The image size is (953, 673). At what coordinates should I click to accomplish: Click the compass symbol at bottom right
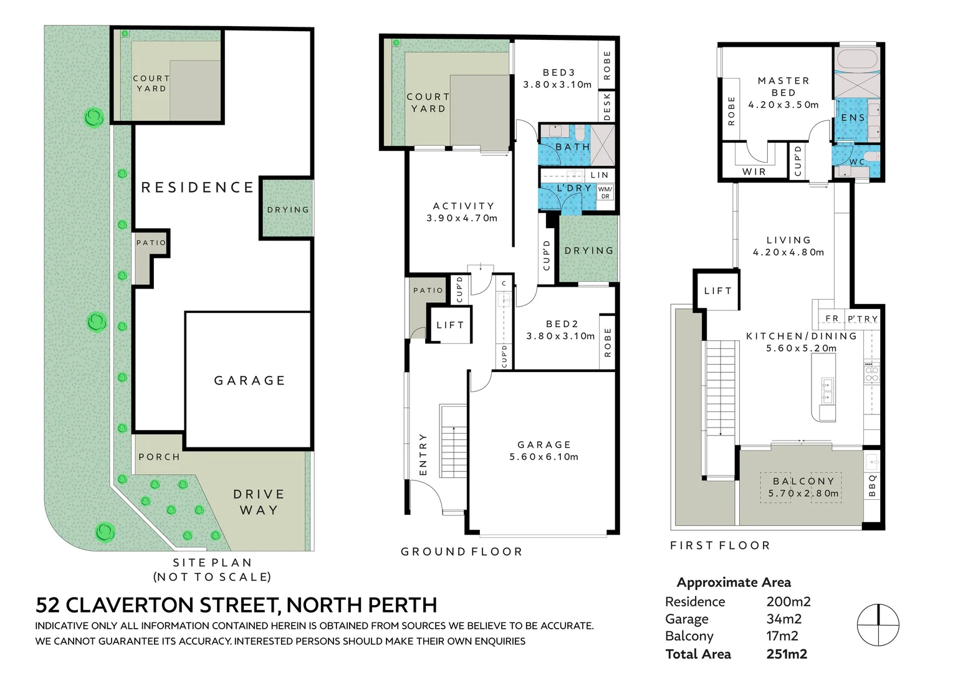click(x=878, y=624)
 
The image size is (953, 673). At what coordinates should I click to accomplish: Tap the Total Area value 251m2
click(x=787, y=654)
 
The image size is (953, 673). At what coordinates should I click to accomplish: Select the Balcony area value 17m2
click(x=782, y=636)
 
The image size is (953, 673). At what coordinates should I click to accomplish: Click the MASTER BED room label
click(x=783, y=87)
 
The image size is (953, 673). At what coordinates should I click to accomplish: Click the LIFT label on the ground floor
click(x=450, y=325)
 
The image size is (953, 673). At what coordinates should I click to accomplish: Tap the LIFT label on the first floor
click(x=717, y=290)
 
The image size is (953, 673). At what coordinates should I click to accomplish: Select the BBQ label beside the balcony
click(x=872, y=486)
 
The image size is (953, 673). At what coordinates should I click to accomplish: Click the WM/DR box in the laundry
click(x=605, y=192)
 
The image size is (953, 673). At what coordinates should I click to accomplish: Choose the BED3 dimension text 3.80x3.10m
click(x=557, y=85)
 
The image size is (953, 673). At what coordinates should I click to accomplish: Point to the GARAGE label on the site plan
click(x=249, y=380)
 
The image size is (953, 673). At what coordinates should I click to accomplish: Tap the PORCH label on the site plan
click(x=159, y=457)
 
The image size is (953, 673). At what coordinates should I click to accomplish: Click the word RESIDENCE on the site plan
click(x=198, y=187)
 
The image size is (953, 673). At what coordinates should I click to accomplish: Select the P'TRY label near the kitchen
click(x=863, y=318)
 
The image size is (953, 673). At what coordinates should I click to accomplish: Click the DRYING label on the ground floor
click(x=588, y=251)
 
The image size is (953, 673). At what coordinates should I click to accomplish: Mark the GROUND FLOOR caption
click(x=461, y=551)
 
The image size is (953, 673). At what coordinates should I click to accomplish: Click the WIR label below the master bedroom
click(x=754, y=171)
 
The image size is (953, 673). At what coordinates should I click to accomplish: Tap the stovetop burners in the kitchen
click(x=871, y=373)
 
